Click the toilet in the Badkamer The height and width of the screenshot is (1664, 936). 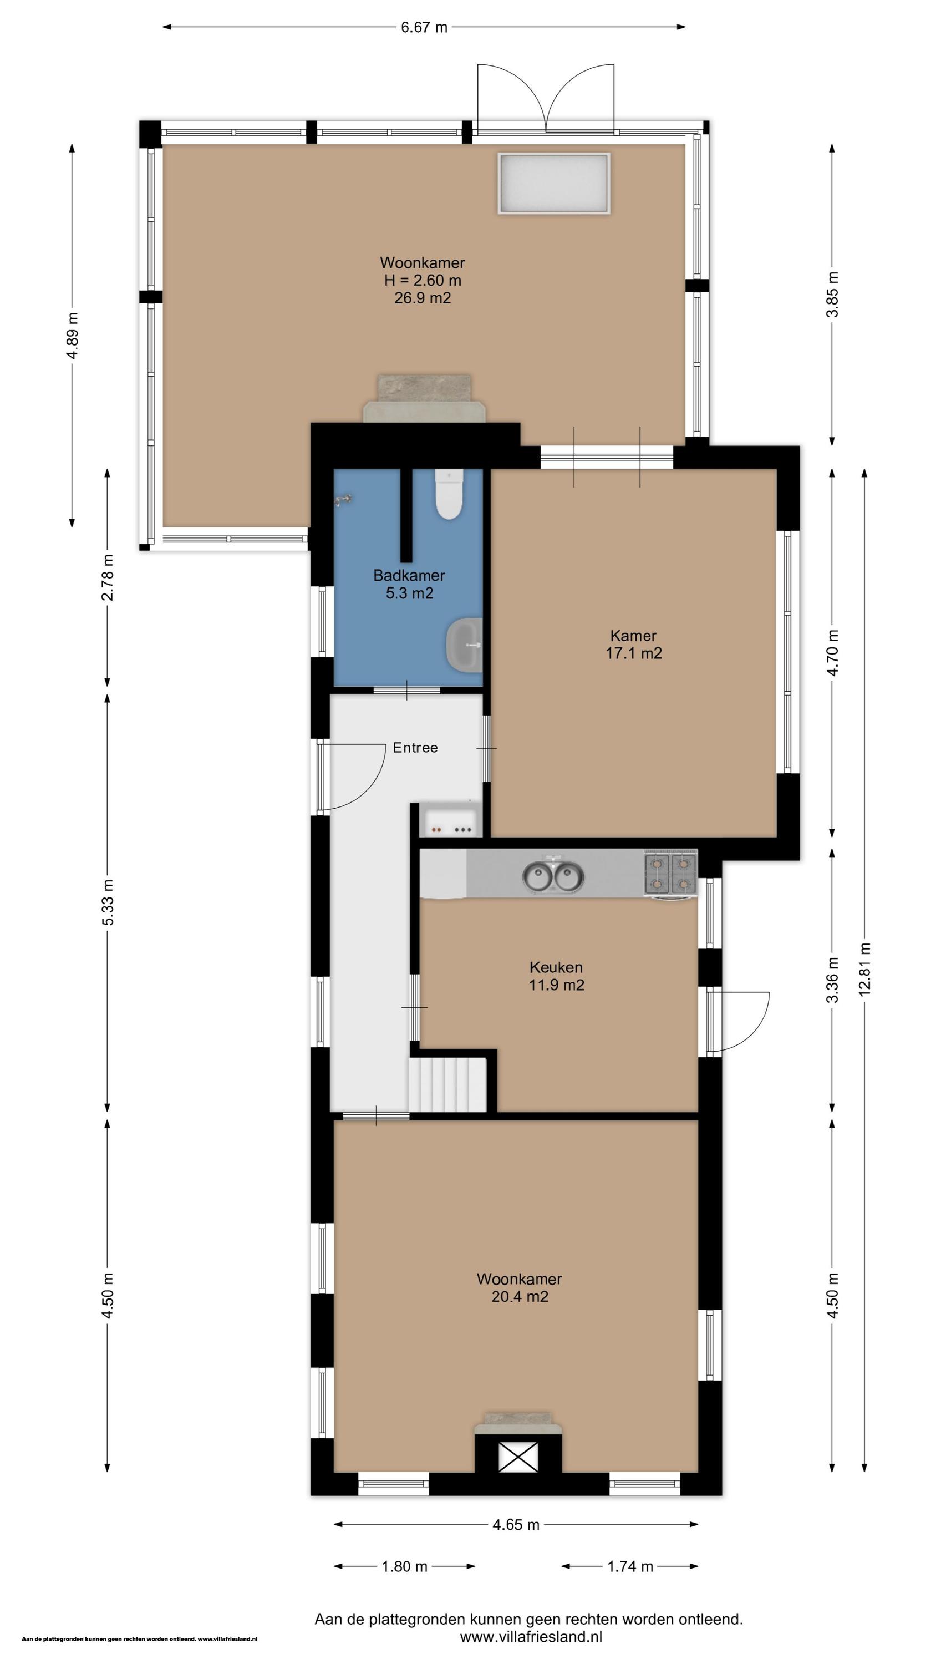click(449, 494)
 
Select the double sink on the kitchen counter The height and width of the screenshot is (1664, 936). click(553, 876)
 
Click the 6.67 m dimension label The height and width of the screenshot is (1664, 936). click(424, 27)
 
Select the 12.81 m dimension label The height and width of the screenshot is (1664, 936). click(865, 969)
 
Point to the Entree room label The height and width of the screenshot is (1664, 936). click(415, 747)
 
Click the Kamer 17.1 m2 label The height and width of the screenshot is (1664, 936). click(634, 644)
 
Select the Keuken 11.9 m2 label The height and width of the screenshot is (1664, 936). click(556, 976)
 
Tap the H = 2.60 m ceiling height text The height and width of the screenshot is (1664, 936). click(423, 280)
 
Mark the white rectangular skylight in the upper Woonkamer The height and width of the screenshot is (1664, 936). click(553, 183)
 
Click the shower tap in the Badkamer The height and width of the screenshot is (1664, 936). click(344, 499)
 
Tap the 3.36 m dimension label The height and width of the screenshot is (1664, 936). click(833, 980)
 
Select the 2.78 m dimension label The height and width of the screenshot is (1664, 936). click(107, 577)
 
